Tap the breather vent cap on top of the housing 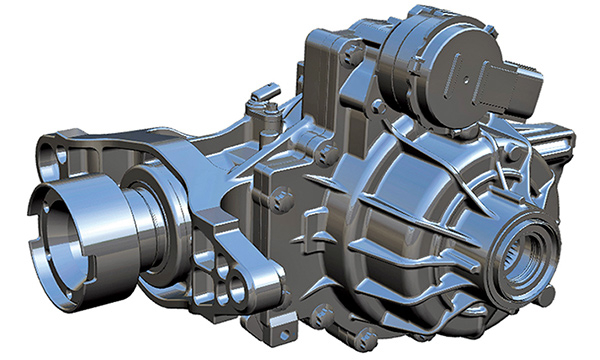click(x=261, y=96)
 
